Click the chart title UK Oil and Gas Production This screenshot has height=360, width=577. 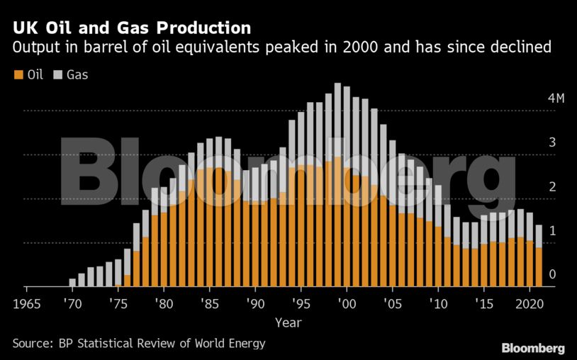pos(131,28)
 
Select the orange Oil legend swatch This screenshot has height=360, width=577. pos(17,74)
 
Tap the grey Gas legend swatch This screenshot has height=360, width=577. pos(57,74)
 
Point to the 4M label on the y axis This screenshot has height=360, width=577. pos(556,98)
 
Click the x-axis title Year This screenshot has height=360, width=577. pos(288,323)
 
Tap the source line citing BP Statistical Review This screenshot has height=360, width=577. pos(139,344)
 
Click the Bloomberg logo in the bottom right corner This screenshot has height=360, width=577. pos(533,348)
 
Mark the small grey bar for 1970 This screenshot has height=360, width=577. pos(72,283)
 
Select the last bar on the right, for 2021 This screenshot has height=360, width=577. pos(539,256)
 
